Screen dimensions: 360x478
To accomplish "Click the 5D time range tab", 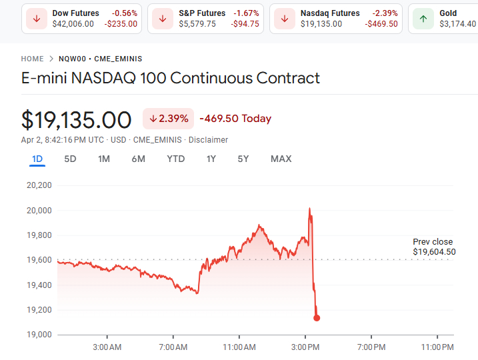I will pos(70,159).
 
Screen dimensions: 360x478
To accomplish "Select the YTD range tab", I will pos(176,159).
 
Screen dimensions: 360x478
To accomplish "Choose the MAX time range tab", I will pos(281,159).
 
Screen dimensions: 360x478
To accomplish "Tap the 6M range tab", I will pos(138,159).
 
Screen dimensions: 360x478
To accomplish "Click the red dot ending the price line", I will pos(317,318).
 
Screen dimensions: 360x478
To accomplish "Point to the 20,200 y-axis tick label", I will pos(39,185).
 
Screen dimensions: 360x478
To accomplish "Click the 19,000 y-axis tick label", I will pos(39,335).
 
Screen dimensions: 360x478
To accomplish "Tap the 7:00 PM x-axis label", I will pos(371,347).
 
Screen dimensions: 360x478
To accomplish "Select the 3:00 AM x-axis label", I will pos(107,347).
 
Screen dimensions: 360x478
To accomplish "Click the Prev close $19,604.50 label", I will pos(433,247).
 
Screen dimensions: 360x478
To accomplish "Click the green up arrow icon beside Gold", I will pos(423,19).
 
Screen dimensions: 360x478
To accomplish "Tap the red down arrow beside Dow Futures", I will pos(36,19).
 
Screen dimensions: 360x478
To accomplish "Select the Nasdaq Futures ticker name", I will pos(330,13).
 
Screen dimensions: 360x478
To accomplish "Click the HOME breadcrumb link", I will pos(32,59).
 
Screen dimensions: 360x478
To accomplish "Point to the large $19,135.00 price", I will pos(76,120).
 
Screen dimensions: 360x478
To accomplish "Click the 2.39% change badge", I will pos(168,119).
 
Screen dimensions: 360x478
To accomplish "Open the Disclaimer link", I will pos(208,140).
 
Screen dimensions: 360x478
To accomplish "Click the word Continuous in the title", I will pos(211,78).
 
